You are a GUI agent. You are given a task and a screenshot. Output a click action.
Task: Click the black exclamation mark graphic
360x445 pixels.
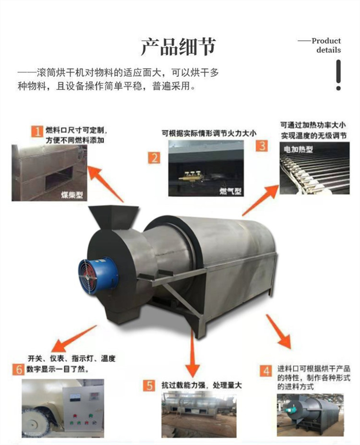point(338,75)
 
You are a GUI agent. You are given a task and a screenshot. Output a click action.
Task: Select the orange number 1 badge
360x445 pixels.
point(37,132)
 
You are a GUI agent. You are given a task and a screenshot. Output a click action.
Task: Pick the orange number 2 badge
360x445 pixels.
point(155,157)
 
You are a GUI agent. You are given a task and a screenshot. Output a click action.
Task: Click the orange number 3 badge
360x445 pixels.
point(262,145)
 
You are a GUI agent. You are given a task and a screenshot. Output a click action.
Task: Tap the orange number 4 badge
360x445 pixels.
point(266,371)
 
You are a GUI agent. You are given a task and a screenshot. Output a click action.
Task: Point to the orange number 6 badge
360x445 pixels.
point(18,369)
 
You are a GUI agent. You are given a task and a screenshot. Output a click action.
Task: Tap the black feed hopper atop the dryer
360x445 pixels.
point(113,216)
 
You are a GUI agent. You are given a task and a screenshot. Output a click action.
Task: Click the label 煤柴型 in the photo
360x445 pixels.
point(72,195)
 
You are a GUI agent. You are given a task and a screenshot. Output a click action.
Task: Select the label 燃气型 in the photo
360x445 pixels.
point(230,191)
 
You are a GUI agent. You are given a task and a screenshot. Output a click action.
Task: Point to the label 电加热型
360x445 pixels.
point(298,149)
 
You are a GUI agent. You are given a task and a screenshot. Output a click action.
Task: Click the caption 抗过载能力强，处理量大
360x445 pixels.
point(202,385)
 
